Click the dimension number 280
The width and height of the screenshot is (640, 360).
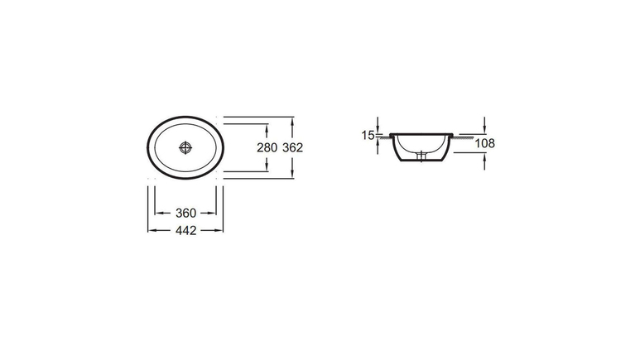tap(267, 147)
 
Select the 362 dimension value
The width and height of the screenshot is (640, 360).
tap(292, 147)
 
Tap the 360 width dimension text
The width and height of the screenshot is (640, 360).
tap(185, 213)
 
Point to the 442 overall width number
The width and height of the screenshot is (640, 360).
tap(185, 231)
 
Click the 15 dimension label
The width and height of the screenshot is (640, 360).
tap(368, 135)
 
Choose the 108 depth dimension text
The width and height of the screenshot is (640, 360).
tap(485, 143)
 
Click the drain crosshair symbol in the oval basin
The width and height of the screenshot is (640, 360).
tap(185, 148)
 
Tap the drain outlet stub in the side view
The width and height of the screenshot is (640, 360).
tap(421, 156)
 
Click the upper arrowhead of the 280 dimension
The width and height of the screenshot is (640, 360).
tap(267, 127)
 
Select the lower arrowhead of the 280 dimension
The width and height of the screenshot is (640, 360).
tap(267, 167)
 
